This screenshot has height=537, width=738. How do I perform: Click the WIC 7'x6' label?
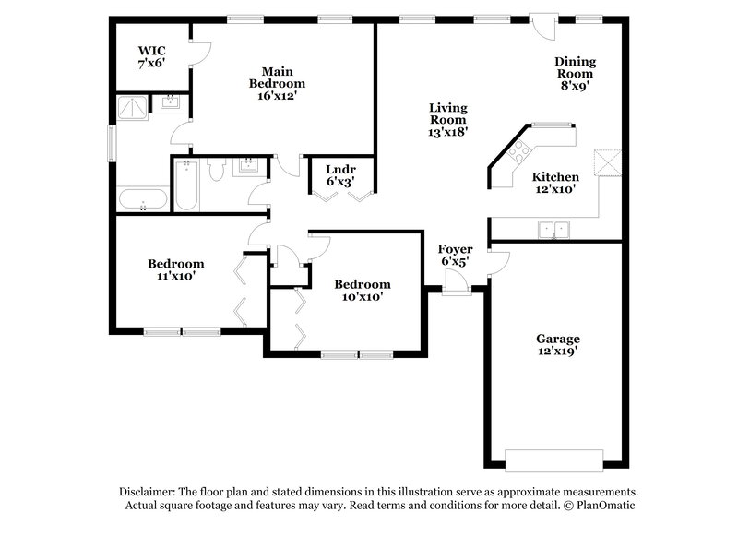150,57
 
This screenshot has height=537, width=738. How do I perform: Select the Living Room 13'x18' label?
448,119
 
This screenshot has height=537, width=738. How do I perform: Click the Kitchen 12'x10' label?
556,183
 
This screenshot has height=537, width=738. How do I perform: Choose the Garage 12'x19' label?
558,345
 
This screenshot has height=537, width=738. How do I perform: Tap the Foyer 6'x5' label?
455,256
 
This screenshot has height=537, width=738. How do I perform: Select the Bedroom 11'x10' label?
176,269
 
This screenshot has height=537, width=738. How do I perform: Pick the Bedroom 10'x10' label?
362,291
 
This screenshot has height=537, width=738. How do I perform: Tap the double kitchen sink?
554,227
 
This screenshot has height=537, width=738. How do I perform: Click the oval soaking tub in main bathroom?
142,199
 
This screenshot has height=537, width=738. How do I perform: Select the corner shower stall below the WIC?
130,107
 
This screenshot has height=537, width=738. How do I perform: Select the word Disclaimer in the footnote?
148,492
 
